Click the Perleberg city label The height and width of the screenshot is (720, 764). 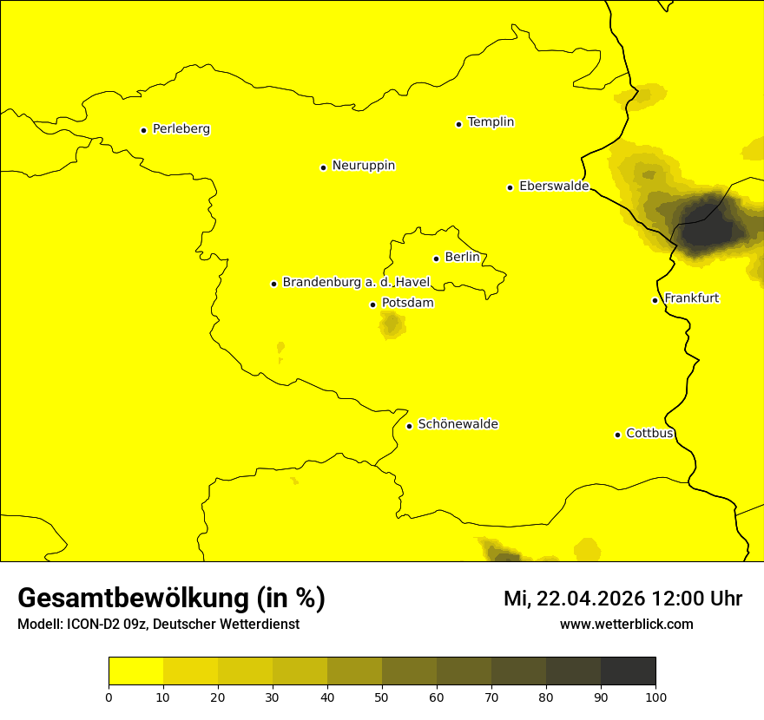181,129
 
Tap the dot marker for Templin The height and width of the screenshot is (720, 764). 458,124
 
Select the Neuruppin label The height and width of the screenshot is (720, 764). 363,166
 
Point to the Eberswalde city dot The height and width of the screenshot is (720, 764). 510,187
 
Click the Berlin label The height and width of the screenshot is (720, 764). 462,257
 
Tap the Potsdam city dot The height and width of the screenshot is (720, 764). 373,304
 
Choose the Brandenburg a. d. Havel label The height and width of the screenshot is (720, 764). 356,282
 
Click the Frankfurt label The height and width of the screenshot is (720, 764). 691,298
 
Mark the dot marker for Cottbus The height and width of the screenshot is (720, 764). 617,435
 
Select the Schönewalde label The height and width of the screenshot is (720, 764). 458,424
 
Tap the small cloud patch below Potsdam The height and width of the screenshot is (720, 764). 392,325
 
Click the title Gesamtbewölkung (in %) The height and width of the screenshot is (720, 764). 171,599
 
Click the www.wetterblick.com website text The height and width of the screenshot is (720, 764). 626,624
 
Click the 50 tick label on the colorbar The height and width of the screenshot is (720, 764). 382,697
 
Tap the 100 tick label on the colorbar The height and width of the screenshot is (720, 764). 655,697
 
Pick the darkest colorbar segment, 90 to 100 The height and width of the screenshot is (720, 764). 628,671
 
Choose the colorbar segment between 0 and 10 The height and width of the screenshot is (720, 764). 135,671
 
